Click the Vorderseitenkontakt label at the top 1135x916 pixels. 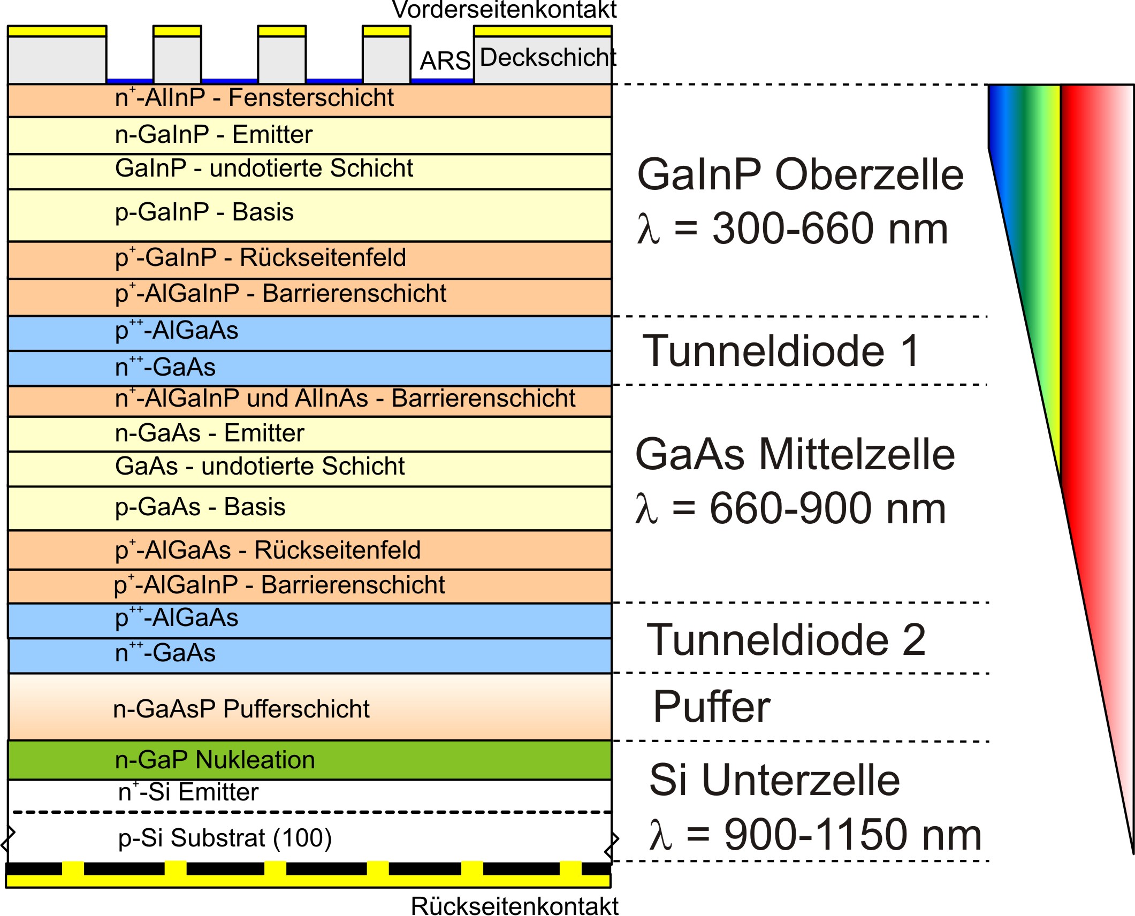[x=504, y=10]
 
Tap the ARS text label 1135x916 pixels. [x=445, y=61]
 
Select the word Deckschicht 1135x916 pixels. [x=547, y=57]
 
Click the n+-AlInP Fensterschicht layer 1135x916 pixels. [x=309, y=101]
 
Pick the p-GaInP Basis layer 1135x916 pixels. [x=309, y=215]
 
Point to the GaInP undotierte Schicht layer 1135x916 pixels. [x=309, y=172]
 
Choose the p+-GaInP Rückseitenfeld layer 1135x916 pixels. [x=309, y=260]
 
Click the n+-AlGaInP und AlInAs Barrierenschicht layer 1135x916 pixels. [x=309, y=401]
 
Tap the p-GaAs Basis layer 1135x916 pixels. [x=309, y=508]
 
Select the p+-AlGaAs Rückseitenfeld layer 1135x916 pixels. [x=309, y=550]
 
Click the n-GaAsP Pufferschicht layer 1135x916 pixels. [x=309, y=707]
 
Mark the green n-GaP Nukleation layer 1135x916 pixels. [x=309, y=760]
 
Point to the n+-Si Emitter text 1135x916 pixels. [x=188, y=791]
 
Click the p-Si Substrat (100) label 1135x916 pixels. [x=225, y=838]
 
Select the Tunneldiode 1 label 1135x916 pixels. [x=781, y=351]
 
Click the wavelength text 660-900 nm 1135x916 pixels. [x=827, y=508]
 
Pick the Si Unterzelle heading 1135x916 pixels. [x=774, y=780]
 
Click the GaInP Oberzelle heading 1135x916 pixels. [x=800, y=174]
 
